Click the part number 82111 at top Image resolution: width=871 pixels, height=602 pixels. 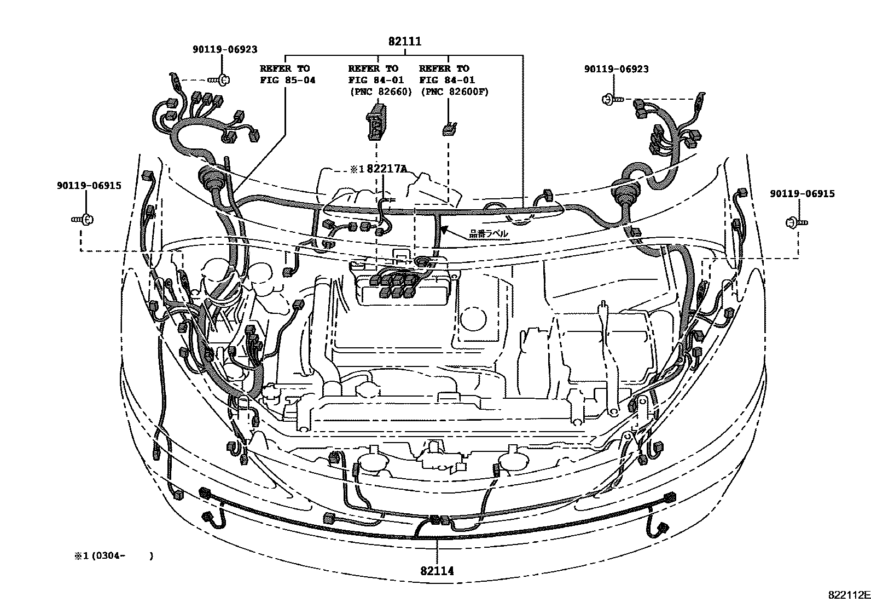[x=405, y=42]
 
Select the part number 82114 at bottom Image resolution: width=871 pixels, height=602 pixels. [x=437, y=571]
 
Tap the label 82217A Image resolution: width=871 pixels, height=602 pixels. [x=387, y=169]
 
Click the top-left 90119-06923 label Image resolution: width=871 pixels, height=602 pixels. [x=224, y=49]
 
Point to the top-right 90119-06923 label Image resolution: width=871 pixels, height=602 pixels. [x=616, y=69]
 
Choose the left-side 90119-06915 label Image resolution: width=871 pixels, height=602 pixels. [x=89, y=186]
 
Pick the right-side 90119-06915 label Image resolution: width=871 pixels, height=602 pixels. [x=802, y=194]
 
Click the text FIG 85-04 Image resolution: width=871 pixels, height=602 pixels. [x=287, y=81]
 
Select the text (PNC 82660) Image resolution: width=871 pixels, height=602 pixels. [x=380, y=91]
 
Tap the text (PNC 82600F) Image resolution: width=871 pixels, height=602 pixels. [x=455, y=91]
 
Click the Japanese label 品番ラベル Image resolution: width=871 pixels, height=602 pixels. [x=488, y=234]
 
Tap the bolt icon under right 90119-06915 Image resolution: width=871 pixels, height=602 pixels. [x=796, y=222]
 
